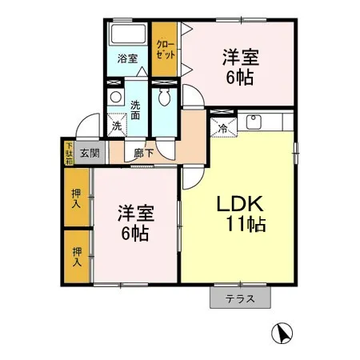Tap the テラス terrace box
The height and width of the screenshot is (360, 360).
click(x=240, y=298)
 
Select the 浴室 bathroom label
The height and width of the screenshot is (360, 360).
click(x=128, y=58)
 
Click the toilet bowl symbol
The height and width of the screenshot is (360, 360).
click(x=166, y=98)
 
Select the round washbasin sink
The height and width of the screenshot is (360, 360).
click(x=116, y=98)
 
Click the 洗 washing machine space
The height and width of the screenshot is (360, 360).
click(x=117, y=126)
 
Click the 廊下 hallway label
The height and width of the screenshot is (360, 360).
click(x=144, y=153)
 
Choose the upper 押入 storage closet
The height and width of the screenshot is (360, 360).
click(x=77, y=198)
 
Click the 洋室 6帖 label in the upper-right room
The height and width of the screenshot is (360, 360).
click(x=239, y=66)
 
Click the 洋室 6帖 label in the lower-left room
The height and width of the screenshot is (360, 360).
click(x=134, y=222)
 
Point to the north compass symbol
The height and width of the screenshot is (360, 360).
click(x=282, y=331)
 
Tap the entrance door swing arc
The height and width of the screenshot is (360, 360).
click(x=86, y=127)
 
